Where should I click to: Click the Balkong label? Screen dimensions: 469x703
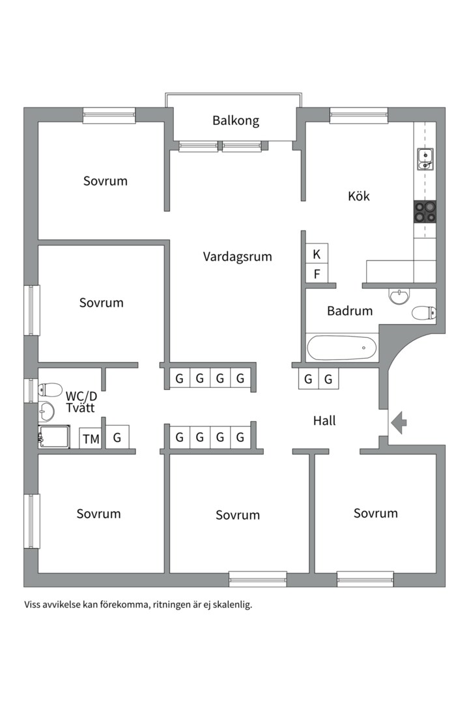point(236,120)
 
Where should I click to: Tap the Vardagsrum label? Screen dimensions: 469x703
point(237,257)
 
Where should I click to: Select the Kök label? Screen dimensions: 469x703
point(359,195)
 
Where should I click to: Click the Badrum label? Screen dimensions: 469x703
point(350,310)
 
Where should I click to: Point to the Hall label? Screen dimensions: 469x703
point(324,420)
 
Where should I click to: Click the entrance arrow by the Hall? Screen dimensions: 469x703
point(399,422)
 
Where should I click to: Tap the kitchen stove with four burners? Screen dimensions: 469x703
point(425,212)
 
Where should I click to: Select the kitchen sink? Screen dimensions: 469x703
point(425,159)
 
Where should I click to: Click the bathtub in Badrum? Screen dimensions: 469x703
point(342,348)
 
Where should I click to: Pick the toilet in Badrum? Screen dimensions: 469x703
point(423,312)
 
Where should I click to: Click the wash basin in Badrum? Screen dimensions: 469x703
point(399,296)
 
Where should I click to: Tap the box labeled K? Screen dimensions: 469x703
point(317,255)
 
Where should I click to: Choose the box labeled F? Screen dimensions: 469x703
point(317,273)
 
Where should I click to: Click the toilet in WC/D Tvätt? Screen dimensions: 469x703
point(50,390)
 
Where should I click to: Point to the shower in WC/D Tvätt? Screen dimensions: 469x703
point(54,437)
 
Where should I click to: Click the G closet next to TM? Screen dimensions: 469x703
point(117,437)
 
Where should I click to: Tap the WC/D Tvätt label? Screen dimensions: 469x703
point(81,402)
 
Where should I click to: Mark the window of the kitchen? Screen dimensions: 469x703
point(359,116)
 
